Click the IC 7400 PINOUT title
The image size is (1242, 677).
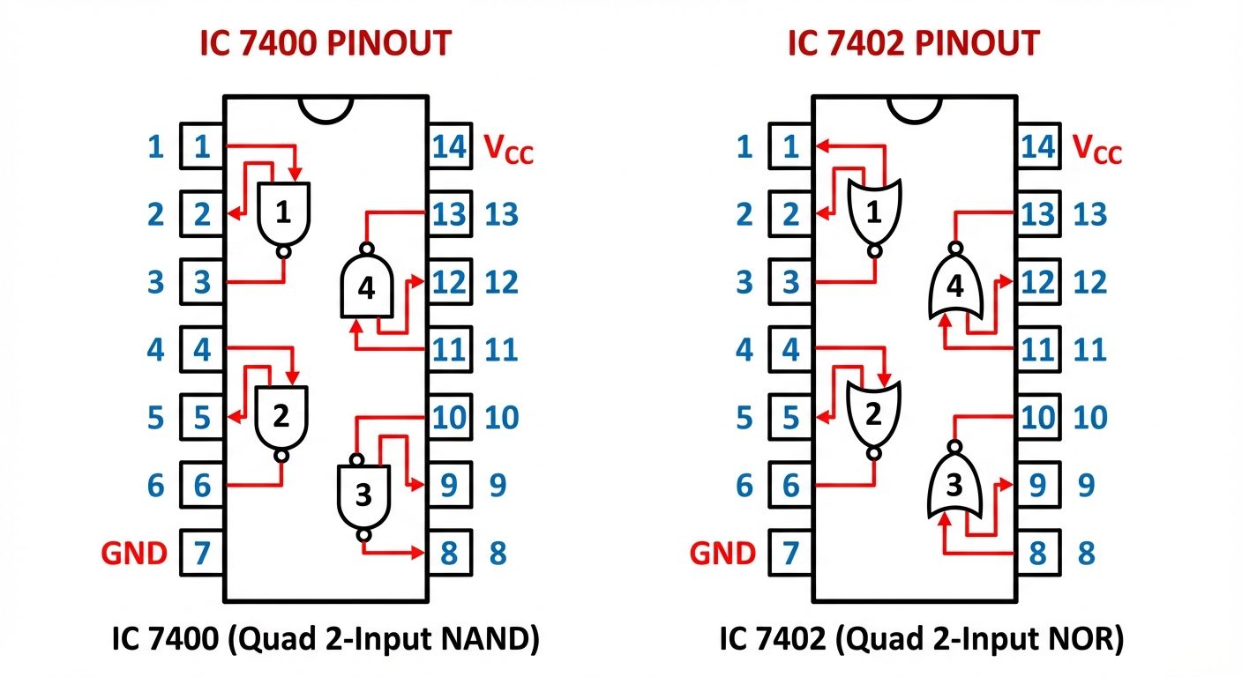tap(325, 43)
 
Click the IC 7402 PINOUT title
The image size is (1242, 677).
tap(914, 43)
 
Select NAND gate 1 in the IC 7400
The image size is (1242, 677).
tap(283, 213)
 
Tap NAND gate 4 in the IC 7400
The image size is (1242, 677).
tap(366, 287)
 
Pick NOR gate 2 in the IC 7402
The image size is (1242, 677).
tap(872, 414)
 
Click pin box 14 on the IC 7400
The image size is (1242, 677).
tap(450, 146)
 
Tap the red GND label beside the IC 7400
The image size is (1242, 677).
tap(134, 554)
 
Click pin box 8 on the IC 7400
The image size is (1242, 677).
tap(450, 554)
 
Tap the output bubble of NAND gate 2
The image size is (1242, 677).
tap(281, 456)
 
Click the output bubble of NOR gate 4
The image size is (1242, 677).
tap(954, 247)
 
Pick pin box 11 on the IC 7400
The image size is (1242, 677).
tap(450, 350)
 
